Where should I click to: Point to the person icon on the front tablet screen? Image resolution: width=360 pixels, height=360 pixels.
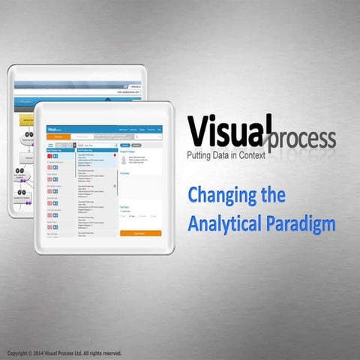point(124,160)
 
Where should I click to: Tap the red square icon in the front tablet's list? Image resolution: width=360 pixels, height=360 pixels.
point(50,156)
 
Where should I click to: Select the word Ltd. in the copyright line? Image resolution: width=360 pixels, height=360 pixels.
point(84,352)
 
